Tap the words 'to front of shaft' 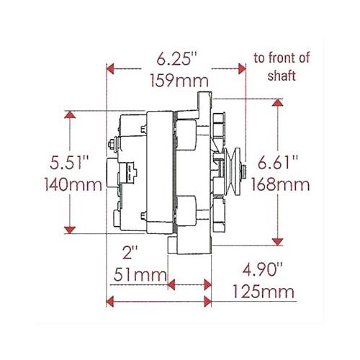pyautogui.click(x=281, y=66)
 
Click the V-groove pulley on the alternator pyautogui.click(x=230, y=171)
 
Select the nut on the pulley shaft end pyautogui.click(x=245, y=171)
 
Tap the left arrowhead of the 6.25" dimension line pyautogui.click(x=109, y=69)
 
